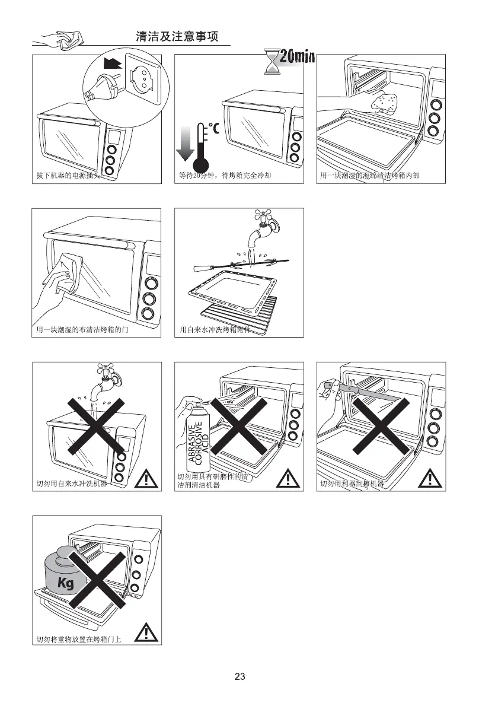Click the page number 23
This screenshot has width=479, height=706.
click(x=239, y=676)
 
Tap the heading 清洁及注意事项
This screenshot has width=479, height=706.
click(x=177, y=37)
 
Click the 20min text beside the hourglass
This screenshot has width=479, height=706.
click(x=296, y=57)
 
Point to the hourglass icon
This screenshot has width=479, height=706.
click(x=272, y=62)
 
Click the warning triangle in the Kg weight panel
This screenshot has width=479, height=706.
click(x=145, y=633)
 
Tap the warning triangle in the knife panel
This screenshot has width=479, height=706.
click(x=431, y=477)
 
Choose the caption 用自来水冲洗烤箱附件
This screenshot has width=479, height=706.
click(x=213, y=330)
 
